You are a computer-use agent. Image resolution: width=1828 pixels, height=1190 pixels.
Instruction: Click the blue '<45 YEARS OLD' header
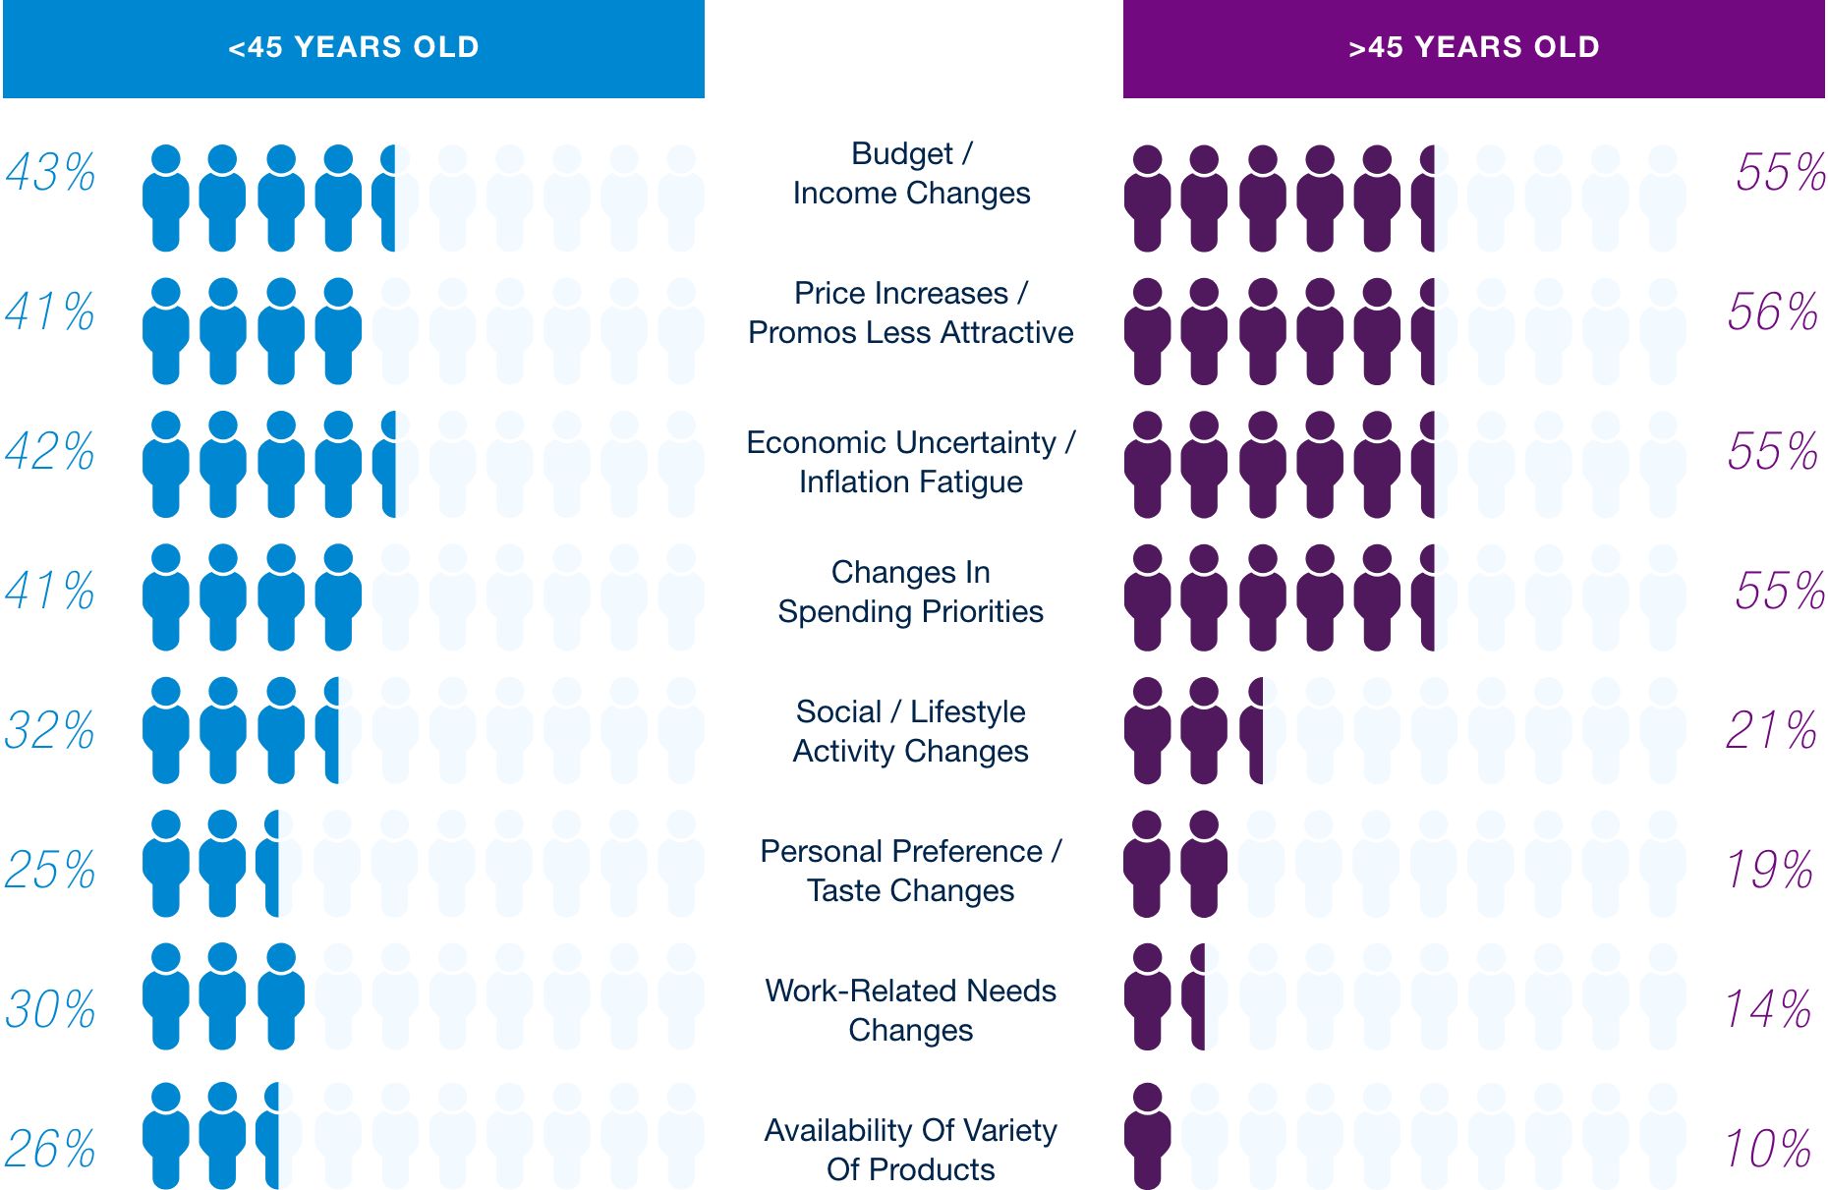tap(354, 48)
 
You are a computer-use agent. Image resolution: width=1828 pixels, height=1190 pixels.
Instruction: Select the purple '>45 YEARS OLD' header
tap(1473, 48)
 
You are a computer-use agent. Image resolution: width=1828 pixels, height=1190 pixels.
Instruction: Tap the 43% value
tap(51, 173)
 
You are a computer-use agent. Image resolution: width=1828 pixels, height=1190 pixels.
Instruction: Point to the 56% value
tap(1772, 312)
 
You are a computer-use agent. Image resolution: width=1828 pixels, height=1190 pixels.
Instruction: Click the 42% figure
tap(50, 452)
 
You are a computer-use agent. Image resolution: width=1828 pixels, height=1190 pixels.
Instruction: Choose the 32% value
tap(50, 731)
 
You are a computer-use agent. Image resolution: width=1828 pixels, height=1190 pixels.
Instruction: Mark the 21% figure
tap(1771, 731)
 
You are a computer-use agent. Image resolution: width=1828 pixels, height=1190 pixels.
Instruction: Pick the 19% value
tap(1769, 871)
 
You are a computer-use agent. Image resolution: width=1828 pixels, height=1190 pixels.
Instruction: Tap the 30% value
tap(50, 1010)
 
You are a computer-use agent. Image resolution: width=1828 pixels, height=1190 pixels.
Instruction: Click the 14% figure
tap(1768, 1010)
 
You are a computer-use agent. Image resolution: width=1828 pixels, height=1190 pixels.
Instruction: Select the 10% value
tap(1768, 1150)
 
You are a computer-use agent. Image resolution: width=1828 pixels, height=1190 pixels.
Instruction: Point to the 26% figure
tap(50, 1150)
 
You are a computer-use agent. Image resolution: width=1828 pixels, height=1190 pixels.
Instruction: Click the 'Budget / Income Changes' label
tap(911, 174)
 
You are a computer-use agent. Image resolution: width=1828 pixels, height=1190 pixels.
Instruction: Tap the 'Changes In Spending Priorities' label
tap(910, 593)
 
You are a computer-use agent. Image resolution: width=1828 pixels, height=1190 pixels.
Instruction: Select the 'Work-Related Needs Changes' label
tap(910, 1011)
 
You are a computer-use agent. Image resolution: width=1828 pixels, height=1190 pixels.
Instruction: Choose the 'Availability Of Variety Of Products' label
tap(910, 1151)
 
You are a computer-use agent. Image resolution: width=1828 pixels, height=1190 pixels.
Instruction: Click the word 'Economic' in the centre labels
tap(803, 443)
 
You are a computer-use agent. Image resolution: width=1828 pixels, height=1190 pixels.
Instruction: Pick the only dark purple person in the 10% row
tap(1147, 1136)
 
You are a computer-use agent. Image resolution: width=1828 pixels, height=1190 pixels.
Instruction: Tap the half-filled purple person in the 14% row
tap(1195, 996)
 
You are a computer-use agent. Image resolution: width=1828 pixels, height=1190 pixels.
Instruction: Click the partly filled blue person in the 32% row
tap(329, 730)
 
